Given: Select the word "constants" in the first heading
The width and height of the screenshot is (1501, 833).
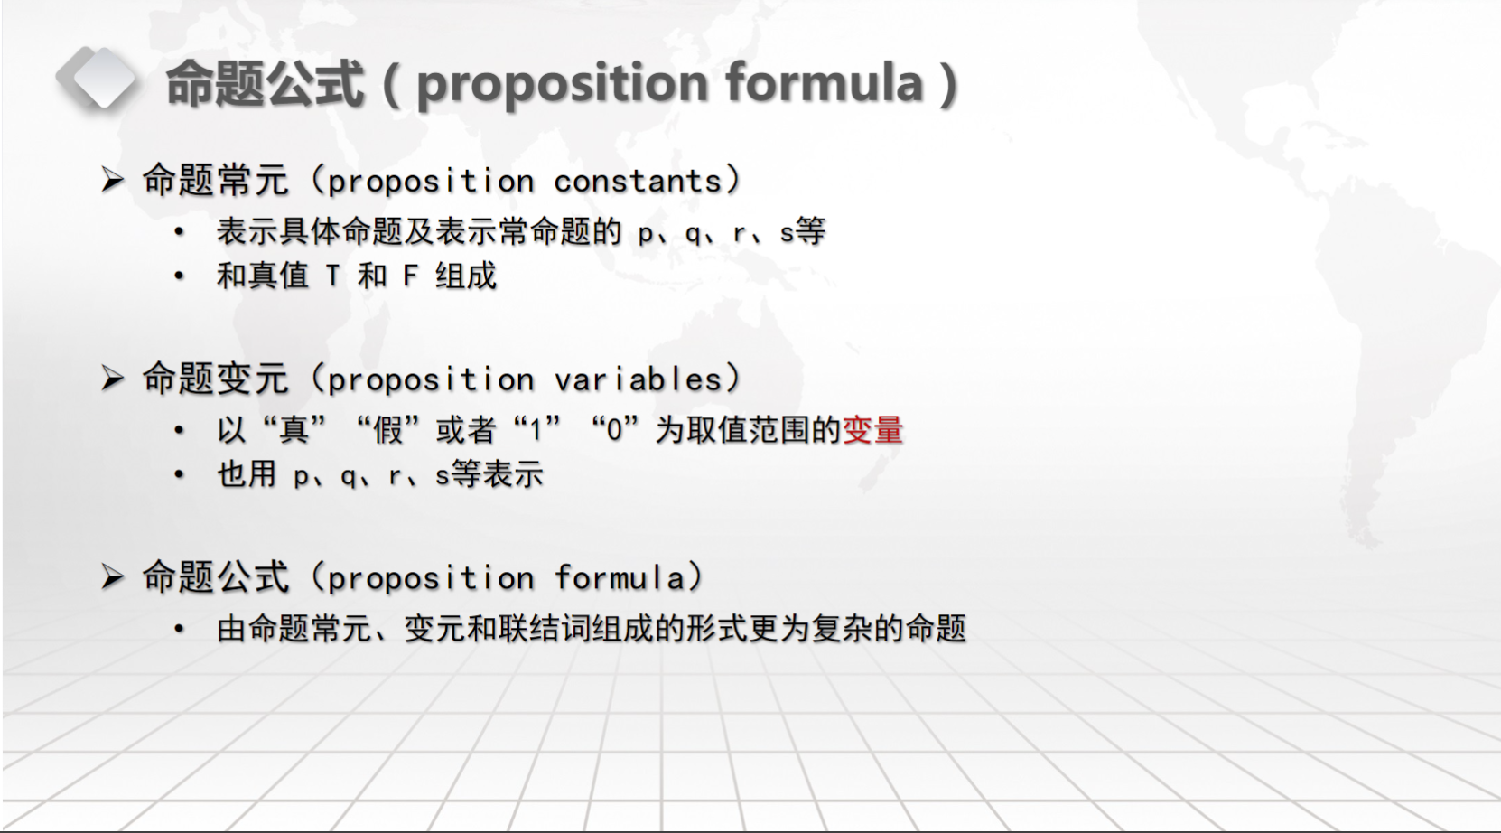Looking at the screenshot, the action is [638, 181].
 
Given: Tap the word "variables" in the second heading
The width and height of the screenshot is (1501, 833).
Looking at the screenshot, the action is [638, 379].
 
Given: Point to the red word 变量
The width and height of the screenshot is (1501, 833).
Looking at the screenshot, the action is [872, 429].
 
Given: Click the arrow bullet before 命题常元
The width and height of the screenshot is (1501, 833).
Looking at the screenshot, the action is [113, 180].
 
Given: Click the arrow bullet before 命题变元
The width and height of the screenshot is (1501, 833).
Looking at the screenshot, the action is [113, 379].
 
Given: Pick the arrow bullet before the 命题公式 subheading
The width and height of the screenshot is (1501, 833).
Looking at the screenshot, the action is [113, 577].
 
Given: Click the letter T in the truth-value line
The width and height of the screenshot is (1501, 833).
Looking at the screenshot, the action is [333, 276].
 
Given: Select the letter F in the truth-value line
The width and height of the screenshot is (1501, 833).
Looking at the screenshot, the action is [410, 276].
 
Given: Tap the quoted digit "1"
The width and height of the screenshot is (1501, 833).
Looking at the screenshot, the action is [535, 430].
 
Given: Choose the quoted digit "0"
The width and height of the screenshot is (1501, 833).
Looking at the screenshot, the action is [614, 430].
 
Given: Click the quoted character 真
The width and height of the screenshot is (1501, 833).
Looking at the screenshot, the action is [294, 429].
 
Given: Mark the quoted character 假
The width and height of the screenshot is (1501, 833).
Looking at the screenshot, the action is [388, 429].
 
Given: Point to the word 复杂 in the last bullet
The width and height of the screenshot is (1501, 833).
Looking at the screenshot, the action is [843, 629].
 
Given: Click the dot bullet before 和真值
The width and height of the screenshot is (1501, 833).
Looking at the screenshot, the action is [178, 276].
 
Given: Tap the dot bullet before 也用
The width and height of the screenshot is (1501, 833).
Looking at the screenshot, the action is [178, 474].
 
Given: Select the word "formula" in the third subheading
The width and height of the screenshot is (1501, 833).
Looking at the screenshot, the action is [619, 577].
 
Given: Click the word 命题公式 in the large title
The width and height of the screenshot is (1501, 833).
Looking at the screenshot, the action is [264, 83].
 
